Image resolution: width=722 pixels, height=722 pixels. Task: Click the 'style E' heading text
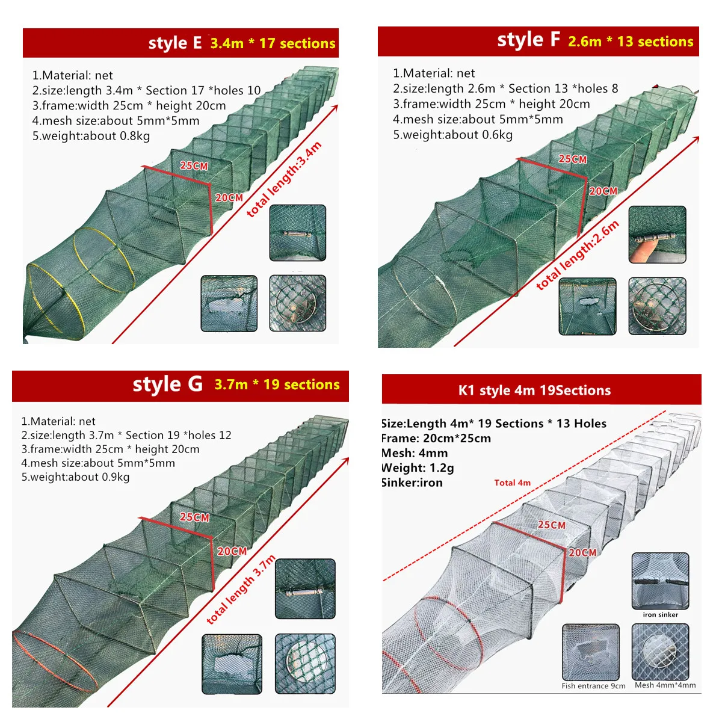[x=175, y=43]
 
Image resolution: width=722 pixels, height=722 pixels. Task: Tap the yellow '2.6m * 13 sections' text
[x=631, y=42]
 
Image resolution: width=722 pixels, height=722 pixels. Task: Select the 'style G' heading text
[x=167, y=384]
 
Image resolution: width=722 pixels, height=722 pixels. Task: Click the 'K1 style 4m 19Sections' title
[x=534, y=390]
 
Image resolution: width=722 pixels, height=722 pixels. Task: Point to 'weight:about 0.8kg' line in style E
[x=91, y=135]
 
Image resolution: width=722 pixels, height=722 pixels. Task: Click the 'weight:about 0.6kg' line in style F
[x=452, y=135]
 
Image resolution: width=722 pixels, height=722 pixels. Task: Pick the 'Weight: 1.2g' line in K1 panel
[x=418, y=467]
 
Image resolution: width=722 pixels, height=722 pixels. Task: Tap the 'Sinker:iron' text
[x=412, y=483]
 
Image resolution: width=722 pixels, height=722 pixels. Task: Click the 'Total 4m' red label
[x=512, y=483]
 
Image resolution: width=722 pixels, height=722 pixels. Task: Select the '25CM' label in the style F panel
[x=573, y=159]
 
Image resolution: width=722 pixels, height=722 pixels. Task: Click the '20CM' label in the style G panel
[x=232, y=551]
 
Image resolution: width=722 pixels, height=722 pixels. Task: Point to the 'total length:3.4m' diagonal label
[x=284, y=179]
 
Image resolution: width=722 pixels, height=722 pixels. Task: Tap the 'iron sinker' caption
[x=661, y=614]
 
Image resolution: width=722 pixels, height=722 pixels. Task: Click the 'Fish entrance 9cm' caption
[x=593, y=686]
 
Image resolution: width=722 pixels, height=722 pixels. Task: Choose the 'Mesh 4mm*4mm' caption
[x=665, y=685]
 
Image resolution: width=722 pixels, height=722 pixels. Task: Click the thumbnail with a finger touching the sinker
[x=657, y=235]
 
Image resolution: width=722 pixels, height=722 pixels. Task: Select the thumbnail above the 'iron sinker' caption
[x=660, y=581]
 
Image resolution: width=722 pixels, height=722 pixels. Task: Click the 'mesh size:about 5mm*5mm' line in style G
[x=98, y=463]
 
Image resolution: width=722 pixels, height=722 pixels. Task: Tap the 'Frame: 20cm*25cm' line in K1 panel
[x=436, y=438]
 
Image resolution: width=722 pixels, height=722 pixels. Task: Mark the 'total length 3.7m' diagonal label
[x=241, y=590]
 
